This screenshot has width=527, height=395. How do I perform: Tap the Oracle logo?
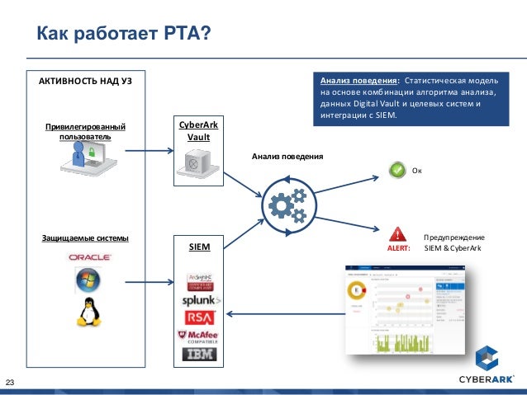89,257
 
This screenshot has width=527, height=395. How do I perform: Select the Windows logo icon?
87,281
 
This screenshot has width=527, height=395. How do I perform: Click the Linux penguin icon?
87,311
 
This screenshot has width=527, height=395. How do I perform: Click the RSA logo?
201,317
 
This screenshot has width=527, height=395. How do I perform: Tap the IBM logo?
201,355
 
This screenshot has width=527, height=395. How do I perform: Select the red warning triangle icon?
397,233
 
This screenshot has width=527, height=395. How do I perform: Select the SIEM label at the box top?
198,246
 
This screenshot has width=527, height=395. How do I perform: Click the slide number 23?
12,381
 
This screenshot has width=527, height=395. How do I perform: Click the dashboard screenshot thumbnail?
410,309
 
